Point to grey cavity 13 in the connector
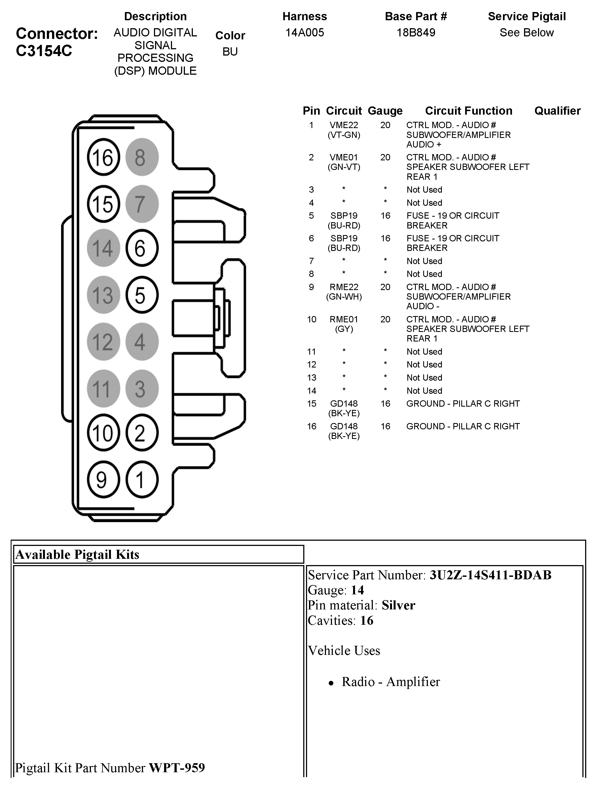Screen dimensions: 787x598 103,295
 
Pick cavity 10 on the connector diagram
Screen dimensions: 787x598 103,433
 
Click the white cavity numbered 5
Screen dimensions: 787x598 141,295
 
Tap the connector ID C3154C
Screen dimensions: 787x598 44,51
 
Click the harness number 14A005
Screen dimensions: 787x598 305,33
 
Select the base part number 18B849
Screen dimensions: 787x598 416,33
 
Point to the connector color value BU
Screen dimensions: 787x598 230,52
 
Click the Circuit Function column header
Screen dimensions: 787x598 468,111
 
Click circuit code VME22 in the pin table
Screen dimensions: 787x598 344,125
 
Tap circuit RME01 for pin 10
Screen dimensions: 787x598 344,320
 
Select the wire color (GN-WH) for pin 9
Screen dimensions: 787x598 344,297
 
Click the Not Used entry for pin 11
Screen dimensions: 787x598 424,352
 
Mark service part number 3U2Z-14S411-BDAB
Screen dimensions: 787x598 490,575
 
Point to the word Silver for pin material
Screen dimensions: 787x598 398,606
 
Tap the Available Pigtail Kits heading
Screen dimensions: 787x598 77,555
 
